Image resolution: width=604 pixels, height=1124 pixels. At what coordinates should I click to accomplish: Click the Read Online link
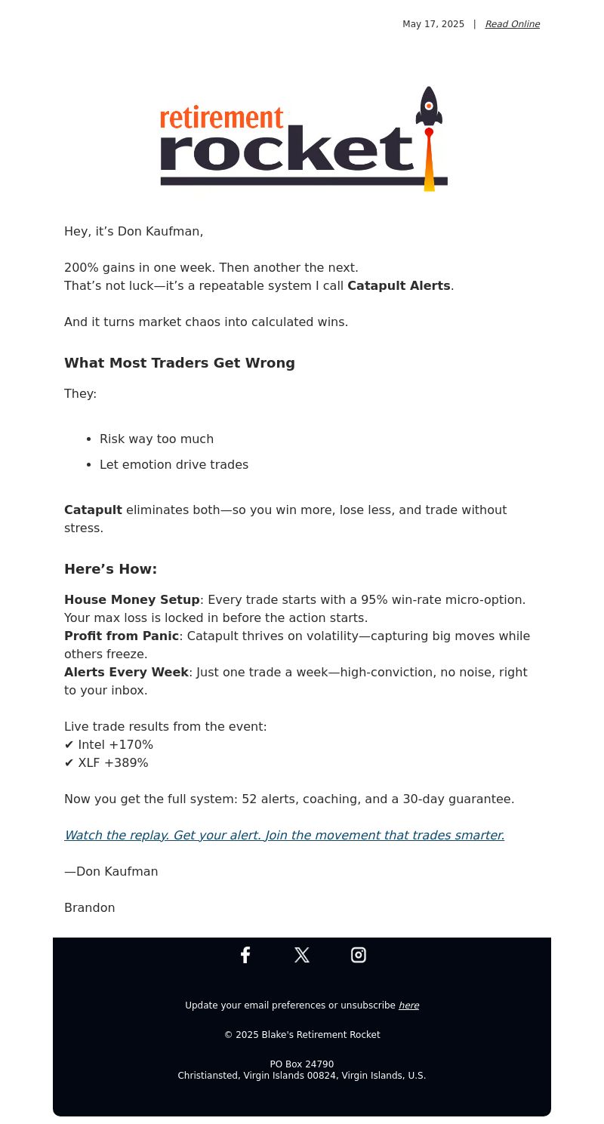pos(512,24)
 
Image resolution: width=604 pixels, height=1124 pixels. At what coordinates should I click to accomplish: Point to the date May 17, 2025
pos(433,24)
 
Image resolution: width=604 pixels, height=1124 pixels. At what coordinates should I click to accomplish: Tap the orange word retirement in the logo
pos(221,118)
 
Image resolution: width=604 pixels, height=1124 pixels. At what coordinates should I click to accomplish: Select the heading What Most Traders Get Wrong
pos(180,363)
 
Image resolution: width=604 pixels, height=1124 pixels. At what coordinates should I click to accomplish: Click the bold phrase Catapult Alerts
pos(399,286)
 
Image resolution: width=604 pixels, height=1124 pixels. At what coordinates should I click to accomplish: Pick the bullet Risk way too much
pos(156,439)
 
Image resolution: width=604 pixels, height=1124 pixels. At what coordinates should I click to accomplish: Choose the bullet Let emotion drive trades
pos(174,465)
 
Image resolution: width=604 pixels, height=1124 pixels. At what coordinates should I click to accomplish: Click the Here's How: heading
pos(110,569)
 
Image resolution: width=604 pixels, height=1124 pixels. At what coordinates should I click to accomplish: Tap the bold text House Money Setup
pos(132,600)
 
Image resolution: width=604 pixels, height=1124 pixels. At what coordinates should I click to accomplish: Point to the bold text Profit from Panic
pos(122,636)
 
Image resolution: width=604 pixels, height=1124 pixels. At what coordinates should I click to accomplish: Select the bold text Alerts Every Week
pos(126,673)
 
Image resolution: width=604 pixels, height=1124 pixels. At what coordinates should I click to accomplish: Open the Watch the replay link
pos(284,836)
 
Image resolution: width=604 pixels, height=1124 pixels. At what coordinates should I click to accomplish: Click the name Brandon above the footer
pos(90,908)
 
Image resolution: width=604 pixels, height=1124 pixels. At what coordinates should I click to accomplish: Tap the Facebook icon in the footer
pos(245,955)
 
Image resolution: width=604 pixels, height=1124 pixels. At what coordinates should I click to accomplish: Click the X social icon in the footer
pos(302,955)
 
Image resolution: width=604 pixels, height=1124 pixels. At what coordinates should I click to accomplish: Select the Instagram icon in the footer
pos(359,955)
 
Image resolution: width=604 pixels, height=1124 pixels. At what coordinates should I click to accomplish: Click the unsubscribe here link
pos(408,1005)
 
